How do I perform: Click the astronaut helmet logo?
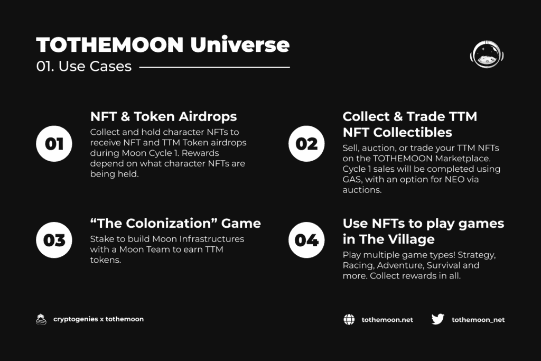coord(487,54)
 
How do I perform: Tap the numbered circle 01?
coord(54,144)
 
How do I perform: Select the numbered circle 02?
coord(306,144)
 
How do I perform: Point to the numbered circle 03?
coord(54,240)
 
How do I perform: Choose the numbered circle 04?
coord(306,240)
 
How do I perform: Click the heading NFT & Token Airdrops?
coord(164,117)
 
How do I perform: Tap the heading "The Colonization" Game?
coord(175,223)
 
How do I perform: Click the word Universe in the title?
coord(240,44)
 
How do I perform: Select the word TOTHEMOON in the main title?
coord(110,45)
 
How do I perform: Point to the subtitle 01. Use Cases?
coord(84,66)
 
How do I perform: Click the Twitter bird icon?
coord(438,319)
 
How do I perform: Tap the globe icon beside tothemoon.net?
coord(349,320)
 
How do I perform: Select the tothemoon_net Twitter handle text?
coord(478,320)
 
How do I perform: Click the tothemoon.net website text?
coord(387,320)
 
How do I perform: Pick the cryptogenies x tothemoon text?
coord(98,319)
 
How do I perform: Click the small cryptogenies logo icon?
coord(41,320)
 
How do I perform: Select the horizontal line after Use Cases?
coord(214,67)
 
